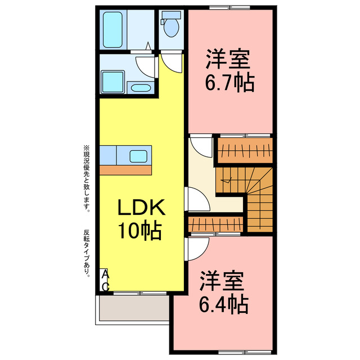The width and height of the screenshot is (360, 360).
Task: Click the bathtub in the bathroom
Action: point(115,29)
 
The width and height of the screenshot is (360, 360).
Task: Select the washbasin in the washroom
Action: point(139,87)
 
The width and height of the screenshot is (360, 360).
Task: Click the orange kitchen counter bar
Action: point(126,169)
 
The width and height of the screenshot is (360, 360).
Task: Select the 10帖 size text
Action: point(140,231)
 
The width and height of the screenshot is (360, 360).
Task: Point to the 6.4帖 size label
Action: point(223,304)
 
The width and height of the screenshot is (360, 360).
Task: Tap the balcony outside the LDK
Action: point(133,308)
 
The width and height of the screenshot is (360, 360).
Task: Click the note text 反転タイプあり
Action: point(87,253)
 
